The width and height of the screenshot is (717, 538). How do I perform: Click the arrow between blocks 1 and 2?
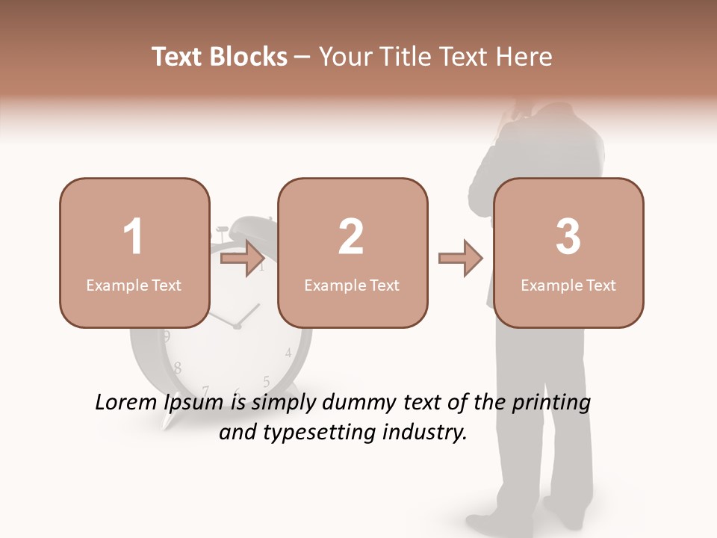click(x=243, y=259)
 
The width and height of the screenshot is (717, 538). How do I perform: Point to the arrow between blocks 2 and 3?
click(x=461, y=259)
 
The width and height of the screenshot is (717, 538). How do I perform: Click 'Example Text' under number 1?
click(x=134, y=285)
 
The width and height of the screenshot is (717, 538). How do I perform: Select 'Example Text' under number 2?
click(x=352, y=285)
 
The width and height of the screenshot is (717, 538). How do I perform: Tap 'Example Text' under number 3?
click(x=568, y=285)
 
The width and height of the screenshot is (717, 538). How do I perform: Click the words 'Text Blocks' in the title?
click(x=220, y=57)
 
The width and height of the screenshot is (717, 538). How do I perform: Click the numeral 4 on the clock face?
click(x=288, y=353)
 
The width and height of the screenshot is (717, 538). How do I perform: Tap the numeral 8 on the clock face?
click(x=177, y=368)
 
